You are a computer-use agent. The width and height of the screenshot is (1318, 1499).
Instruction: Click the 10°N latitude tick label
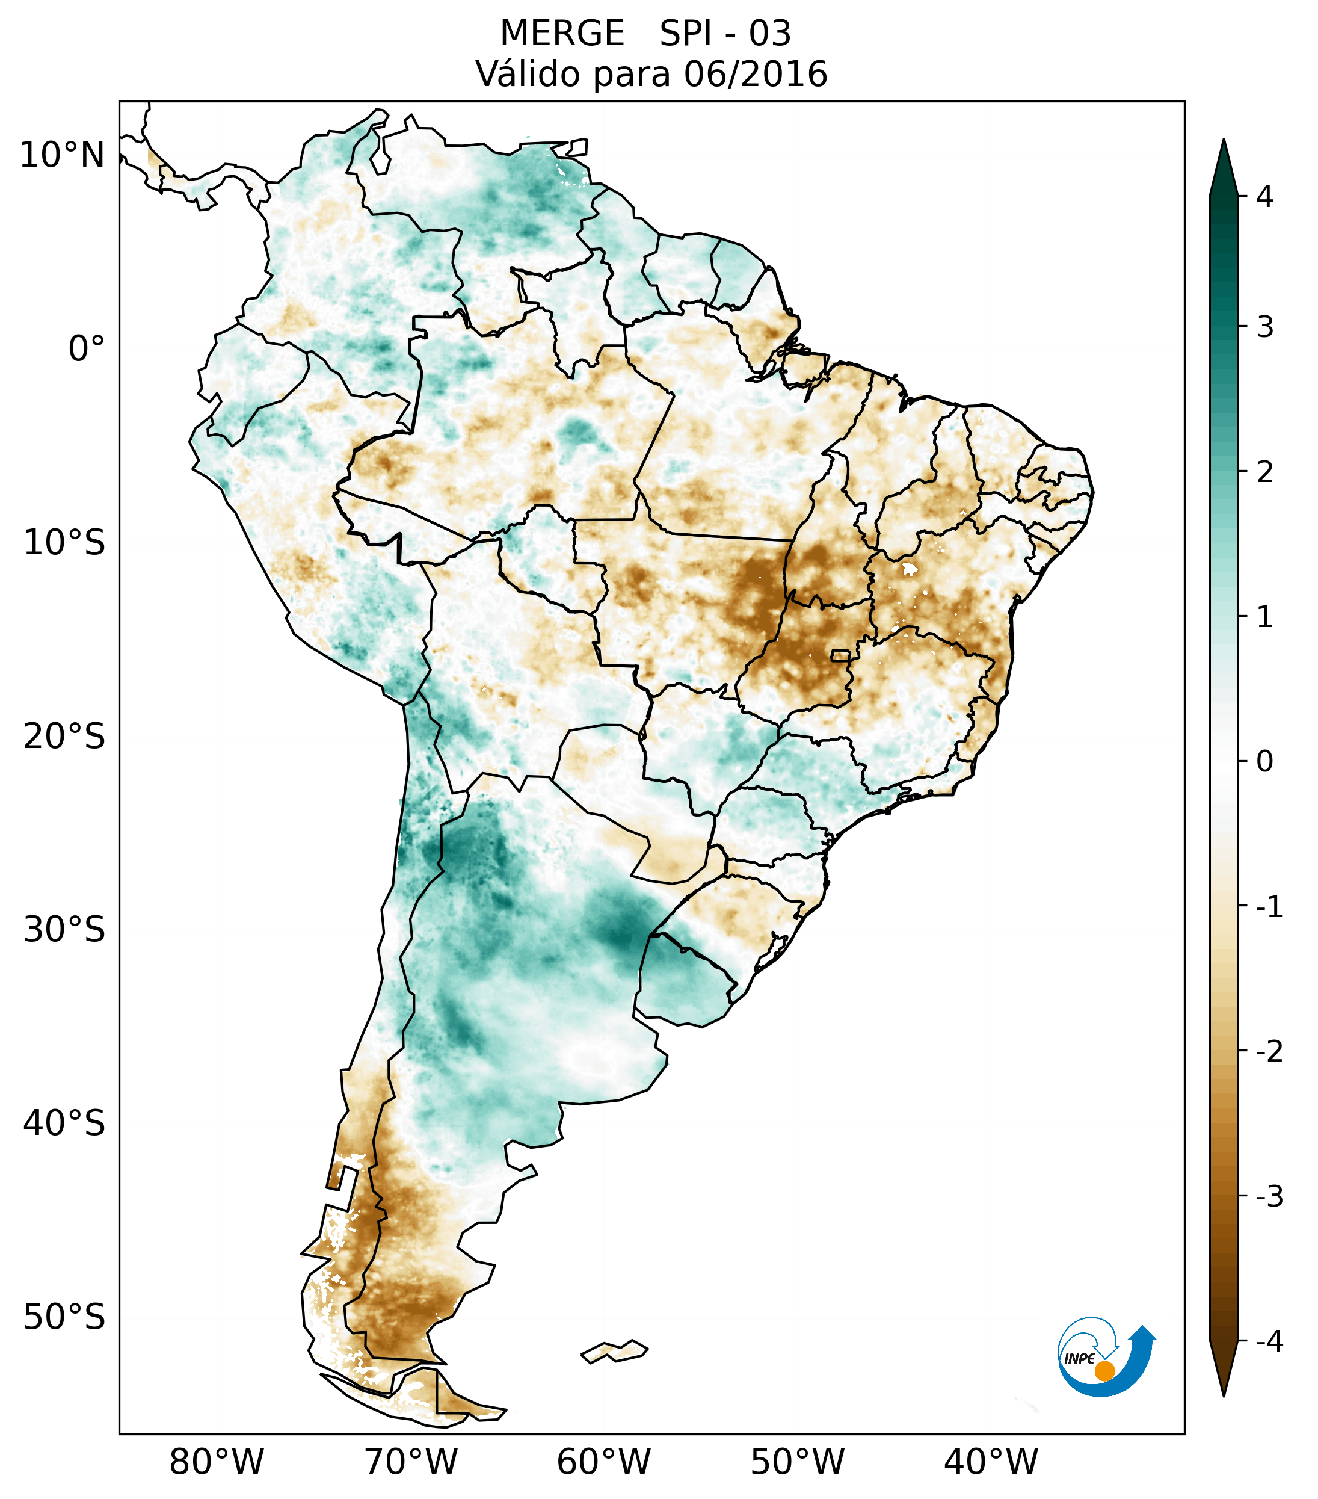click(63, 155)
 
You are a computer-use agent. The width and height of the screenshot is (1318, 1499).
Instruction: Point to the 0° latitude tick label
click(87, 349)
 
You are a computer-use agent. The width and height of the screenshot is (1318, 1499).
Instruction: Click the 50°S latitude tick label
click(64, 1318)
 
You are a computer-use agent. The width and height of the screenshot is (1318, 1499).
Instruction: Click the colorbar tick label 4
click(1264, 197)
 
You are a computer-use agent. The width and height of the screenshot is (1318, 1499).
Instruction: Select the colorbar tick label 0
click(1264, 762)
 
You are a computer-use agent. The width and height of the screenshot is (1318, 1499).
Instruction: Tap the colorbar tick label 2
click(1264, 472)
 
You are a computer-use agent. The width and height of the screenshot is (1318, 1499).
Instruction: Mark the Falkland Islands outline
click(614, 1351)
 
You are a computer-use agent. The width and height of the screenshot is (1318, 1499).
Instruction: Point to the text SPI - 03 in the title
click(725, 34)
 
